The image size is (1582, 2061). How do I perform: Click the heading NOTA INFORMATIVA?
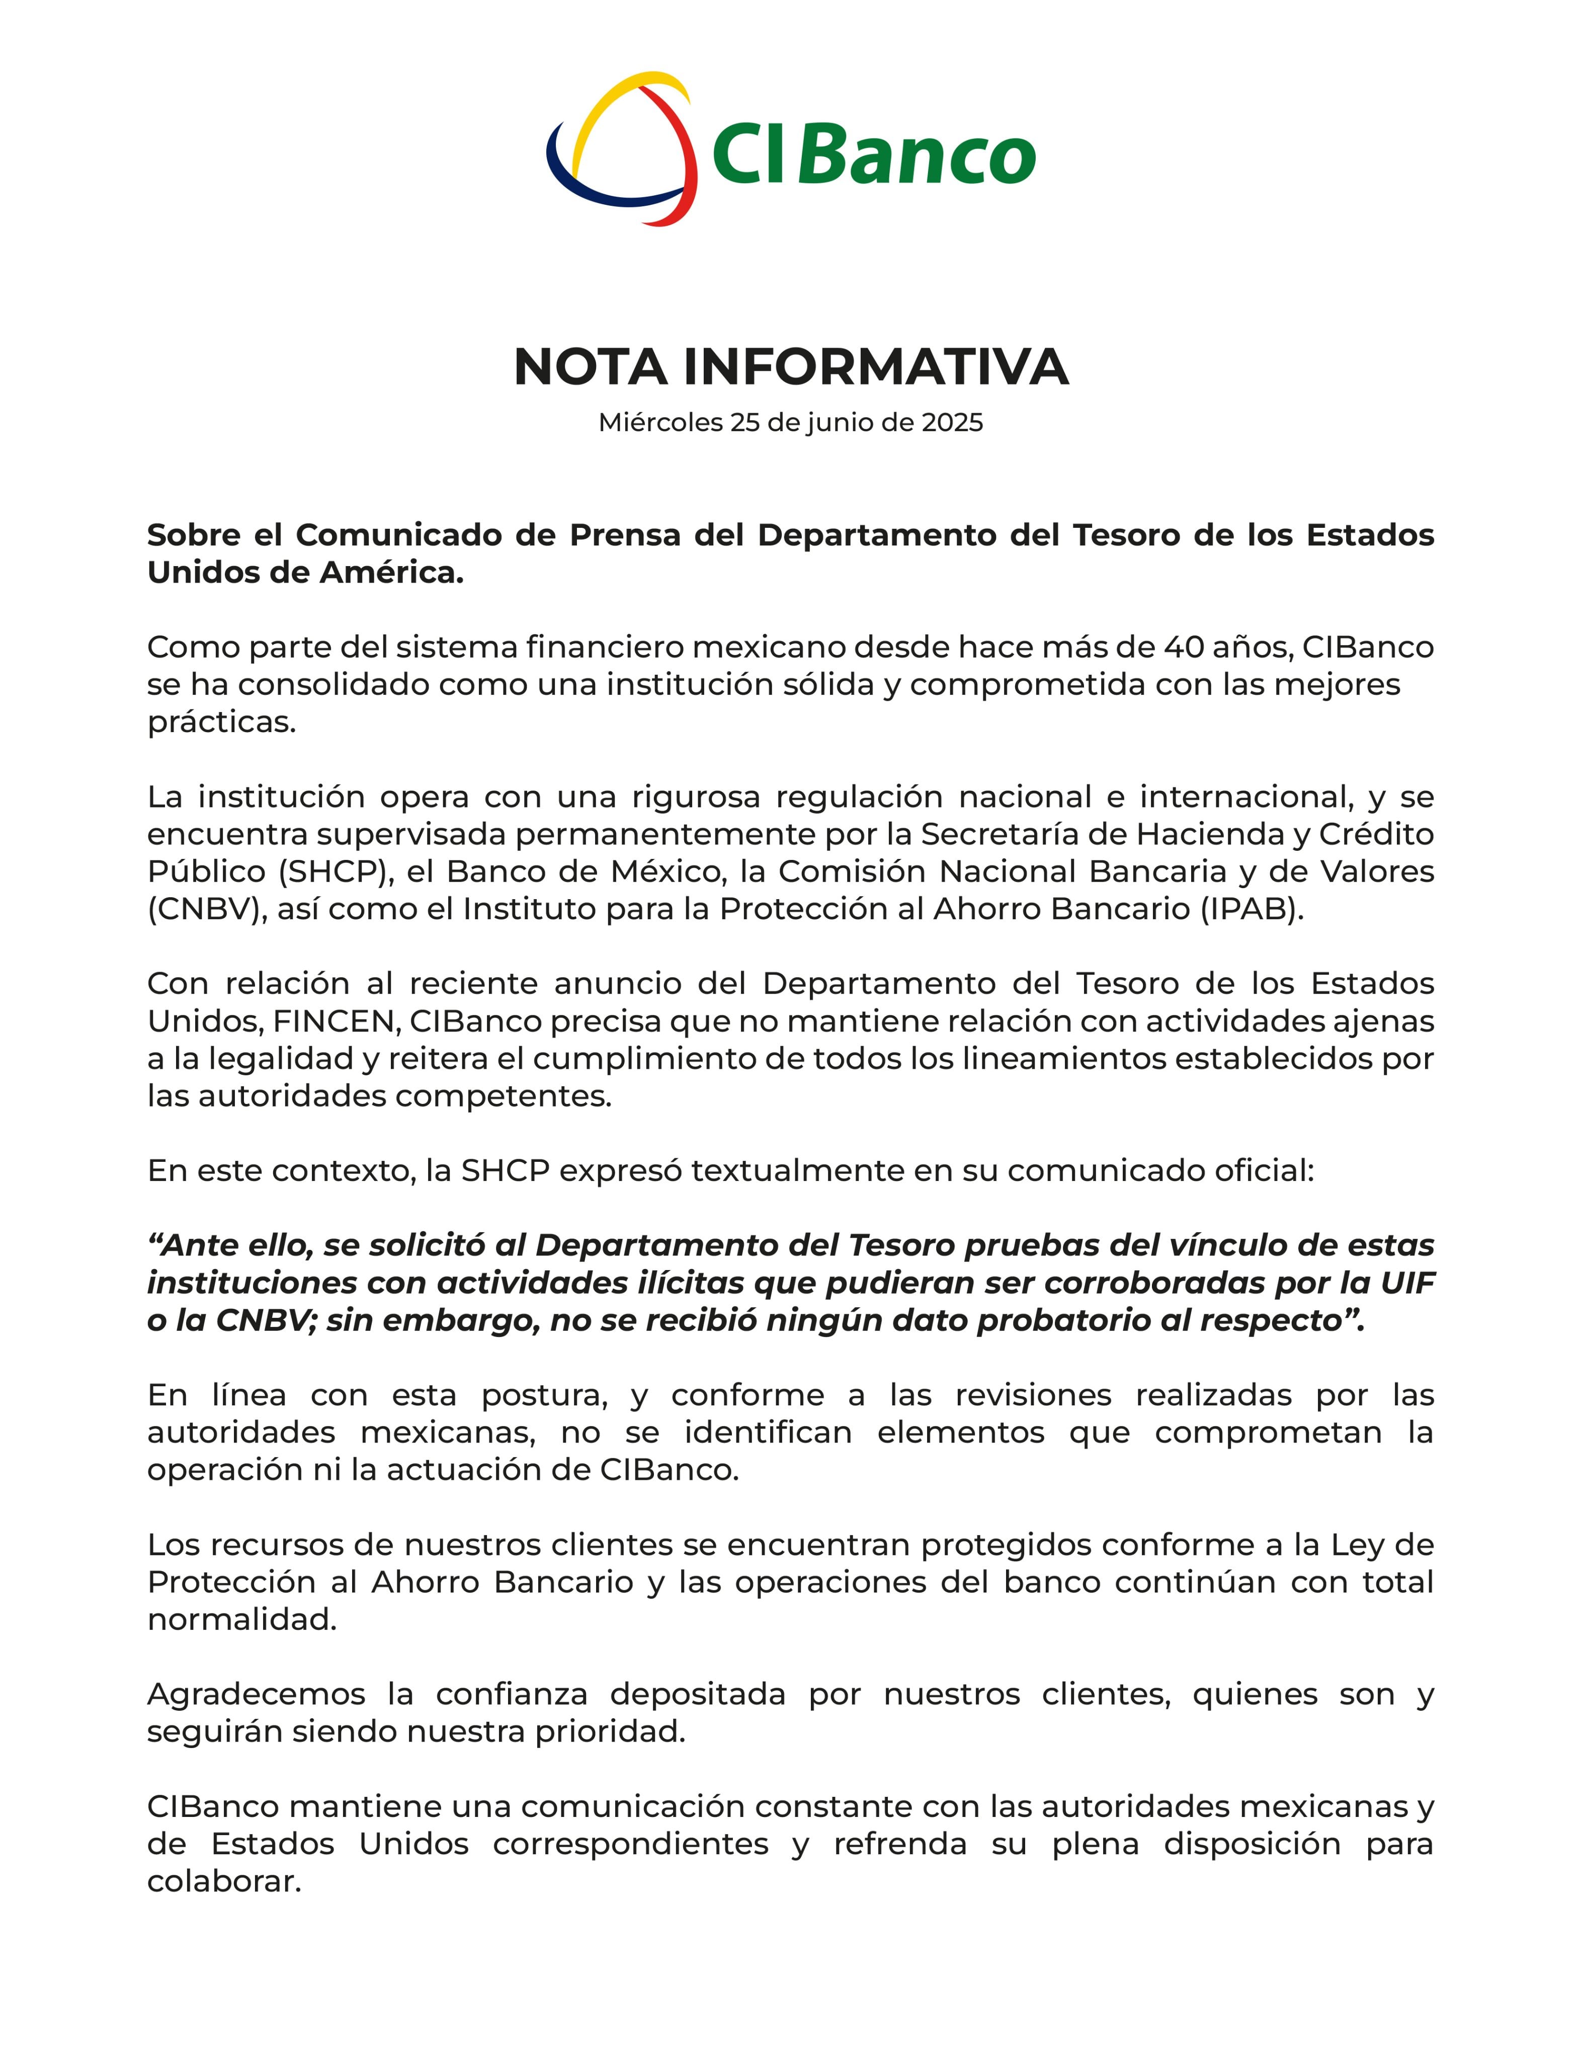(x=791, y=367)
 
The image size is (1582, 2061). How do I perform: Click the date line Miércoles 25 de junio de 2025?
(x=791, y=423)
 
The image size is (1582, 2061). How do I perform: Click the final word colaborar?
(x=224, y=1882)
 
